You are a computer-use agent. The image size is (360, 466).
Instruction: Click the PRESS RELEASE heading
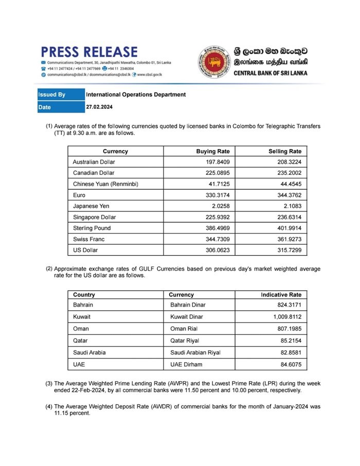(x=89, y=52)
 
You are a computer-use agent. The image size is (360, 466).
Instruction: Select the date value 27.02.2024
(x=99, y=107)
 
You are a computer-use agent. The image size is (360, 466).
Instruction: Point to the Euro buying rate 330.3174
(x=216, y=195)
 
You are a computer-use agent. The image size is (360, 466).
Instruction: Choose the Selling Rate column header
(x=285, y=151)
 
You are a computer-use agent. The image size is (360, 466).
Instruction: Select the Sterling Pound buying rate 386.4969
(x=216, y=228)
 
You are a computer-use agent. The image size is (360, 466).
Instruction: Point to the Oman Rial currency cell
(x=185, y=328)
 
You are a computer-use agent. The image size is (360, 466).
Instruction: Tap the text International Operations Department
(x=136, y=95)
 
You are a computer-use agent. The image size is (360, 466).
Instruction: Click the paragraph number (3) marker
(x=49, y=383)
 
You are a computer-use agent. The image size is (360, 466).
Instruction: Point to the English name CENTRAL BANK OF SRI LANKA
(x=270, y=73)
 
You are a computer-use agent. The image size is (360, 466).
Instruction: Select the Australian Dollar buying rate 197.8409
(x=216, y=162)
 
